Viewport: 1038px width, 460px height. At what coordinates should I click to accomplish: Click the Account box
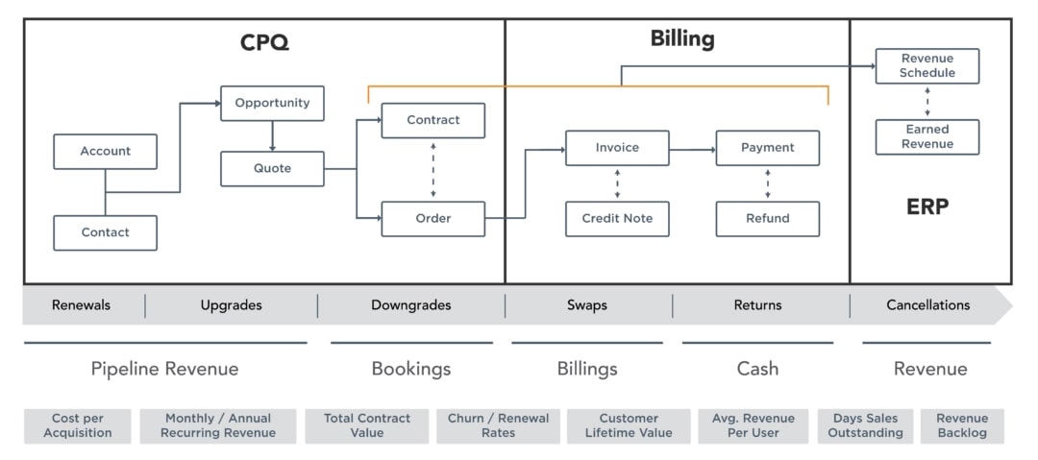pos(105,152)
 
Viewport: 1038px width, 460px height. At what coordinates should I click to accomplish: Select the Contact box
pos(105,232)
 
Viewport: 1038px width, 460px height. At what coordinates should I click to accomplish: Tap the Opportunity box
pos(272,103)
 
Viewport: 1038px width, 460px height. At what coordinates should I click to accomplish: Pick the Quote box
pos(272,168)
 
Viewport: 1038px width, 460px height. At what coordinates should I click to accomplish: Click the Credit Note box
pos(617,218)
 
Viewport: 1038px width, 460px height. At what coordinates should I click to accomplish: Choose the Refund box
pos(767,218)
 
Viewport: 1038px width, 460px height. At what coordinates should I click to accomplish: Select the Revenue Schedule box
pos(927,65)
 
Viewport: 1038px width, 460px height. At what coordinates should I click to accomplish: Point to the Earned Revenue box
pos(927,136)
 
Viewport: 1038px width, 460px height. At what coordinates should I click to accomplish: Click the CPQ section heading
pos(264,42)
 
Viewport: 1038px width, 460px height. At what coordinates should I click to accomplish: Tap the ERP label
pos(927,206)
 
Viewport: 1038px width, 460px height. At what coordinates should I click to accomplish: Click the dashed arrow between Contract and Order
pos(433,169)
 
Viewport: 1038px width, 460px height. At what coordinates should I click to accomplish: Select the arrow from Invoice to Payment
pos(692,149)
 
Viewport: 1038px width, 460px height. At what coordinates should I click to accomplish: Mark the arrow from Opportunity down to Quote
pos(272,135)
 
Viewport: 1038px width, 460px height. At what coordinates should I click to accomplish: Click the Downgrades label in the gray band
pos(410,305)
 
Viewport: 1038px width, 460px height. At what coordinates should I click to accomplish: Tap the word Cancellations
pos(927,305)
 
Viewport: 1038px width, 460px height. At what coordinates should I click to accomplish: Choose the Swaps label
pos(586,305)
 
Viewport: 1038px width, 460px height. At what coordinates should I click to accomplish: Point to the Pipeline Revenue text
pos(164,369)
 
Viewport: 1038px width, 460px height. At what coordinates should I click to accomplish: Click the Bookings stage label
pos(410,369)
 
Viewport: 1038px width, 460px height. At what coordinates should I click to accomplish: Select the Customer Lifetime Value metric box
pos(629,425)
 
